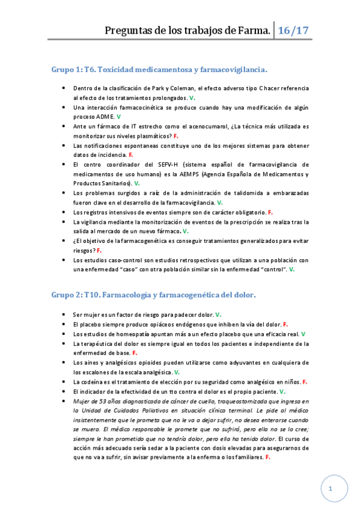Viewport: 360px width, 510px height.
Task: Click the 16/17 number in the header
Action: click(x=294, y=29)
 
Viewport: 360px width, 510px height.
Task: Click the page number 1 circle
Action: click(x=330, y=490)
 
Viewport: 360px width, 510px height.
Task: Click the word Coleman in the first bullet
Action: click(x=178, y=88)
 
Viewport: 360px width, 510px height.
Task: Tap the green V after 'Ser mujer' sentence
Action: click(x=218, y=315)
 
